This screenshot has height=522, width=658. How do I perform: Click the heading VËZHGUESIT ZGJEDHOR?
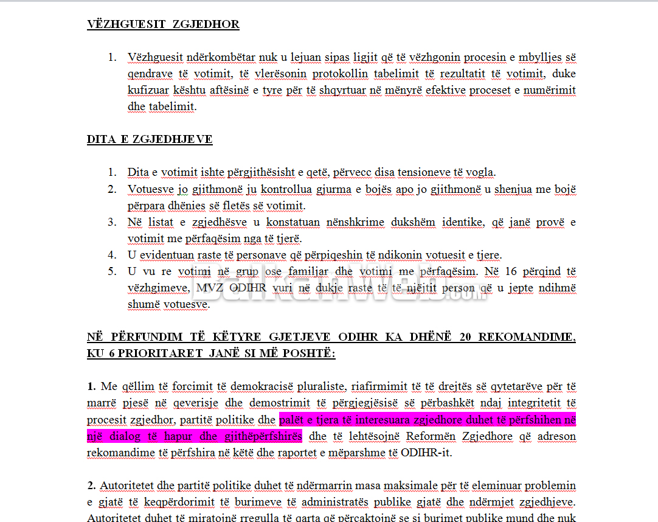pyautogui.click(x=163, y=25)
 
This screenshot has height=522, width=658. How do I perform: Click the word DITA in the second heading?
pyautogui.click(x=101, y=139)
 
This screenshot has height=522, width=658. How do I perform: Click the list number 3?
pyautogui.click(x=112, y=222)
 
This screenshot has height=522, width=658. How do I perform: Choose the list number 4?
pyautogui.click(x=112, y=255)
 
